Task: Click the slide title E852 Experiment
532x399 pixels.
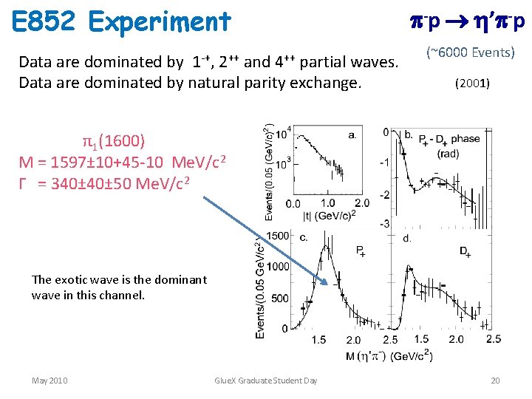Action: tap(123, 21)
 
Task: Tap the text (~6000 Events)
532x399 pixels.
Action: tap(471, 52)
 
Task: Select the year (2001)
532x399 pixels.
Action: tap(471, 83)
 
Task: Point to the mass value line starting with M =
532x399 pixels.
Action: tap(123, 162)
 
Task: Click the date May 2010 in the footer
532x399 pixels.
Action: tap(50, 381)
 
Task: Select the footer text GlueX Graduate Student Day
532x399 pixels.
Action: tap(265, 381)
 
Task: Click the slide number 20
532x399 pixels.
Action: tap(495, 381)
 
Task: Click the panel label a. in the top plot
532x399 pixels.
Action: tap(352, 135)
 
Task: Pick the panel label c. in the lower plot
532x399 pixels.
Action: tap(304, 236)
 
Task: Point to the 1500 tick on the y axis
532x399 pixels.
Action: tap(279, 235)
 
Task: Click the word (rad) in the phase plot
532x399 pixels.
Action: tap(448, 154)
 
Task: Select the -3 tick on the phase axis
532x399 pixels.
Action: tap(384, 223)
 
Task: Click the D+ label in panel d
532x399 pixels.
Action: tap(465, 253)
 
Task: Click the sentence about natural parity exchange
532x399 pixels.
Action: tap(191, 82)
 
